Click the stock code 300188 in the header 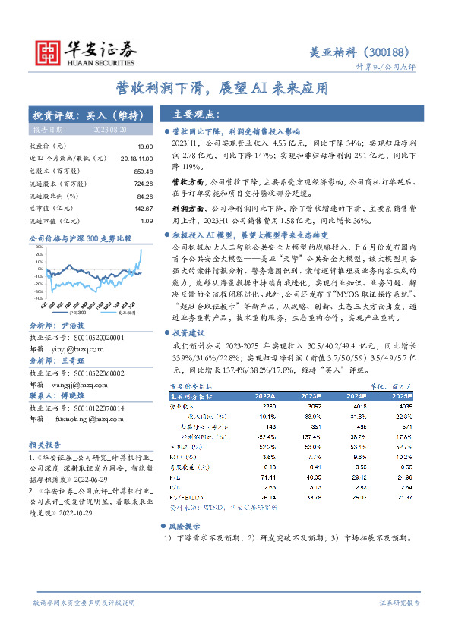click(x=387, y=52)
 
